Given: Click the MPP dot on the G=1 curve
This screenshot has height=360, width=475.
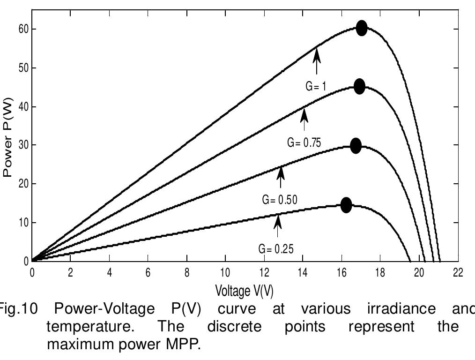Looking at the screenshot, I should pyautogui.click(x=361, y=28).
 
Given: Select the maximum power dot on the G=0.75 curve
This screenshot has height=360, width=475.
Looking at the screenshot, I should pyautogui.click(x=359, y=86).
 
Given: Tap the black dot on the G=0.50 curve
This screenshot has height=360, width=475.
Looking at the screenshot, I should pyautogui.click(x=356, y=146).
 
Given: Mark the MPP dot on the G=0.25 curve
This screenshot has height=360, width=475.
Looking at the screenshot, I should pyautogui.click(x=346, y=205).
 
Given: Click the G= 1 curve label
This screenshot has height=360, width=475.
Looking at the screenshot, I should pyautogui.click(x=316, y=86).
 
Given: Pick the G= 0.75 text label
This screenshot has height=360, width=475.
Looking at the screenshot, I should pyautogui.click(x=304, y=142).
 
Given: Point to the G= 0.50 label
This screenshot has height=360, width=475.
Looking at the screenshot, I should pyautogui.click(x=280, y=200).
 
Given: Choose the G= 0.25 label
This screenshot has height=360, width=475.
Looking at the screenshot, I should pyautogui.click(x=276, y=249).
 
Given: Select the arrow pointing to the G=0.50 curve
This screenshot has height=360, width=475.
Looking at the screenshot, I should pyautogui.click(x=281, y=177).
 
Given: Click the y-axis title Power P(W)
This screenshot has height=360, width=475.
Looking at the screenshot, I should pyautogui.click(x=7, y=137).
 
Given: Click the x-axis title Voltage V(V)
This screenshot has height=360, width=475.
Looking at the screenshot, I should pyautogui.click(x=244, y=291).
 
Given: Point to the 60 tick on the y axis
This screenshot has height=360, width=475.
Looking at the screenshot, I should pyautogui.click(x=23, y=30).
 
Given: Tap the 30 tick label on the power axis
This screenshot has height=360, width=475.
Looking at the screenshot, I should pyautogui.click(x=23, y=145).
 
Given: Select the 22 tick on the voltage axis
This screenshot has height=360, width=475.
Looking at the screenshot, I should pyautogui.click(x=458, y=273).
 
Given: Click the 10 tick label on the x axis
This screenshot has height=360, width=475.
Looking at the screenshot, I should pyautogui.click(x=225, y=273).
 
